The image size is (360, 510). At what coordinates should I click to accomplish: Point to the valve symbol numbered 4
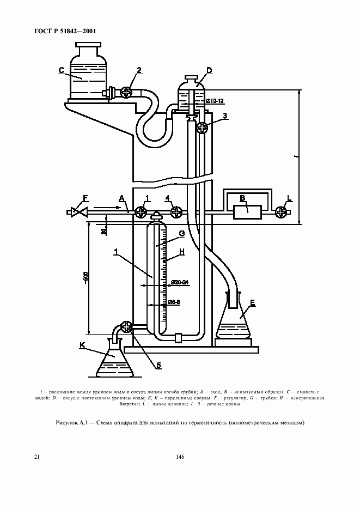click(x=175, y=211)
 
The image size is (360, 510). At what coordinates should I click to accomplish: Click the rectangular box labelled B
click(x=248, y=211)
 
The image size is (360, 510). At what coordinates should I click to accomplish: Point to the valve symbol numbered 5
click(x=127, y=327)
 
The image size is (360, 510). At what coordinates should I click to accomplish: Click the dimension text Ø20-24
click(x=179, y=282)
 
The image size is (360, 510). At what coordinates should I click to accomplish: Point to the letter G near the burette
click(x=182, y=233)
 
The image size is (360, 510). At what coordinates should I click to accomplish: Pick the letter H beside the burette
click(x=182, y=251)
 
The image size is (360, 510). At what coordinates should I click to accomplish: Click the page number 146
click(x=180, y=457)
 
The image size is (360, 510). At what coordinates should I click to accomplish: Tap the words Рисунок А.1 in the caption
click(x=71, y=423)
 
